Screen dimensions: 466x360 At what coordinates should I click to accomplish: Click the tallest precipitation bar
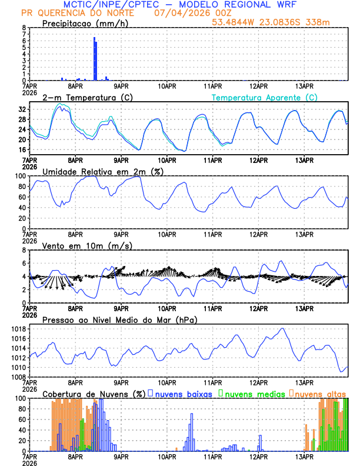(94, 58)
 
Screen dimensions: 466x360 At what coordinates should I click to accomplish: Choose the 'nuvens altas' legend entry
(320, 393)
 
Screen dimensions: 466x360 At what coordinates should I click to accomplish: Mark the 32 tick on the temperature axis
(21, 109)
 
